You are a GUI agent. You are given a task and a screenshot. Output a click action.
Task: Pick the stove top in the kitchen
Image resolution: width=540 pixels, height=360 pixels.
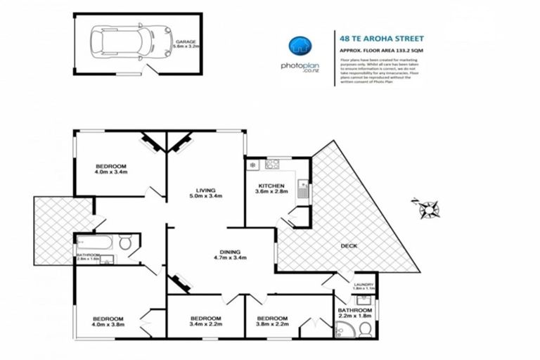272,165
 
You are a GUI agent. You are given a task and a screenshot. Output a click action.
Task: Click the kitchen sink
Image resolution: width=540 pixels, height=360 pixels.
302,188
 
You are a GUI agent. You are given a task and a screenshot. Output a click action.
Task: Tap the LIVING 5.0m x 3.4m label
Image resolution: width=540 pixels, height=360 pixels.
205,192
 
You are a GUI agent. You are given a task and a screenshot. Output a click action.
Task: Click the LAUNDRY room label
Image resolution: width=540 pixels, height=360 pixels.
363,285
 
